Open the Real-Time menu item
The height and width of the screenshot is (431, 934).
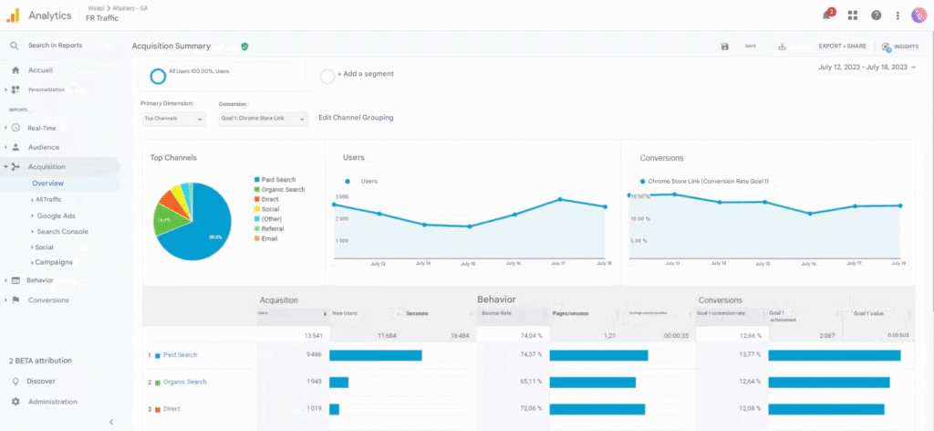pos(42,128)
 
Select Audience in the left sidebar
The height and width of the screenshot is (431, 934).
pos(43,147)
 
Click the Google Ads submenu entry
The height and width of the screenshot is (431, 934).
pos(56,215)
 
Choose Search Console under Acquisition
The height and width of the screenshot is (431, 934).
pos(62,231)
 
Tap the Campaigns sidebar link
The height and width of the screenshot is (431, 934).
pos(54,262)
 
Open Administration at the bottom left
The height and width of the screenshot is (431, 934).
pos(52,402)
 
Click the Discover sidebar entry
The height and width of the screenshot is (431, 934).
pos(40,381)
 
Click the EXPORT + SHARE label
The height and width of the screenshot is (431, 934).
pos(842,46)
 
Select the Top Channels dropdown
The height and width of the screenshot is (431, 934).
pos(173,119)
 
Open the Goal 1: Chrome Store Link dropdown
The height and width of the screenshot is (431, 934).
pos(264,119)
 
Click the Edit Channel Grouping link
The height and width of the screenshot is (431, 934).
pos(356,118)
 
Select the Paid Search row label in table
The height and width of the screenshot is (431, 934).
pos(180,355)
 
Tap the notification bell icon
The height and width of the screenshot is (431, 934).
pos(826,16)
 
